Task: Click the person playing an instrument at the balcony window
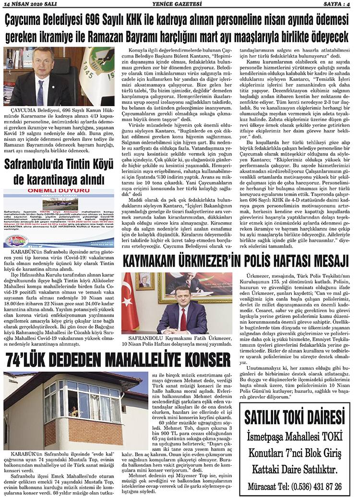pyautogui.click(x=74, y=411)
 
